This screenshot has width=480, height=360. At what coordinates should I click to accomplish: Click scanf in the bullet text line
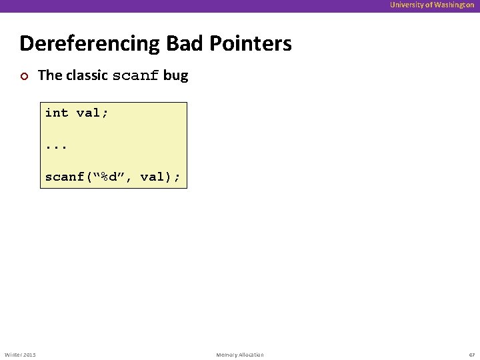pyautogui.click(x=136, y=76)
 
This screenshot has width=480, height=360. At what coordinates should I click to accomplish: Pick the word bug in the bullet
pyautogui.click(x=175, y=75)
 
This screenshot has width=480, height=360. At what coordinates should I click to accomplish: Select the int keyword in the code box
pyautogui.click(x=57, y=113)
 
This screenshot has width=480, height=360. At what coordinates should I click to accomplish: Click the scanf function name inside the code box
pyautogui.click(x=65, y=177)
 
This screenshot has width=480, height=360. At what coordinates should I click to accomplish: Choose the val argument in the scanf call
pyautogui.click(x=152, y=177)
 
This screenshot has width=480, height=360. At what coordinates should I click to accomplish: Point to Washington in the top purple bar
pyautogui.click(x=454, y=5)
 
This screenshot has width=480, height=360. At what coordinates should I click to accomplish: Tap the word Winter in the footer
pyautogui.click(x=13, y=355)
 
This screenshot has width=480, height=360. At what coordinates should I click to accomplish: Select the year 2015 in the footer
pyautogui.click(x=30, y=355)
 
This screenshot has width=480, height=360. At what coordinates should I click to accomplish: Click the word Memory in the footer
pyautogui.click(x=227, y=355)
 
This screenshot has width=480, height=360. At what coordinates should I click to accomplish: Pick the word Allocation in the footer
pyautogui.click(x=251, y=355)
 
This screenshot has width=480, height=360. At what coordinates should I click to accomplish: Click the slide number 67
pyautogui.click(x=471, y=355)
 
